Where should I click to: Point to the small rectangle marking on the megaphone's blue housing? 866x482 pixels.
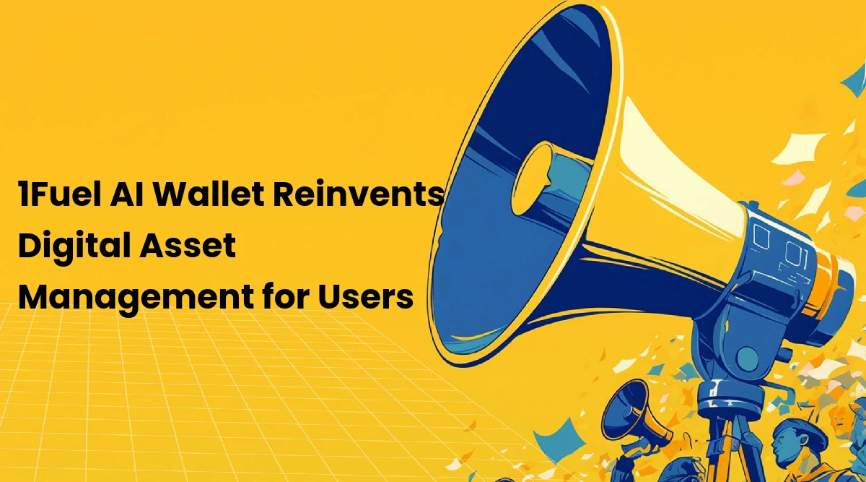761,236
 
